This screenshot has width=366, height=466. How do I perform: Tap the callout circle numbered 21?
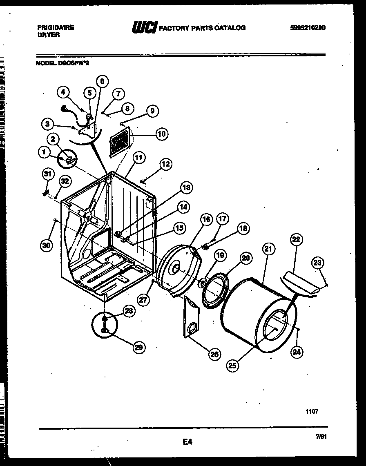click(269, 249)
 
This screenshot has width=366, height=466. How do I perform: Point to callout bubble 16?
click(206, 220)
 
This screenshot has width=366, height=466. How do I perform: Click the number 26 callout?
click(214, 354)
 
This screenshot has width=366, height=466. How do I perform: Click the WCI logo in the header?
click(144, 28)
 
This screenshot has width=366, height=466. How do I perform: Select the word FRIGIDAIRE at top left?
click(56, 27)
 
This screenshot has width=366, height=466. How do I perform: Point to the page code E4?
click(187, 441)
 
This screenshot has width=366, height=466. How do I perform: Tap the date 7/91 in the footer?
click(321, 437)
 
